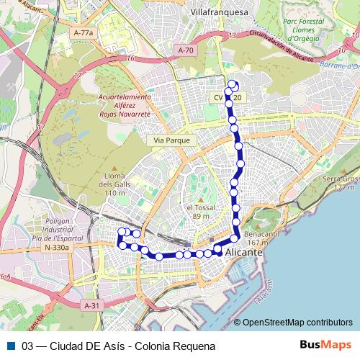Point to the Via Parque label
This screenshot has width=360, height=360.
pos(171,140)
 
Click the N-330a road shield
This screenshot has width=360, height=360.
pos(56,248)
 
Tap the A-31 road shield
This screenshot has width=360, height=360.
pos(91,306)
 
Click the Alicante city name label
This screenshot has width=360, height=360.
pos(245,253)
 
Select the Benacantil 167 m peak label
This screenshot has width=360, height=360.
pos(261,238)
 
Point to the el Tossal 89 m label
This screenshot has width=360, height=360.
pos(201,212)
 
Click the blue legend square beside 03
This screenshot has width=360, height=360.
pos(11,346)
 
